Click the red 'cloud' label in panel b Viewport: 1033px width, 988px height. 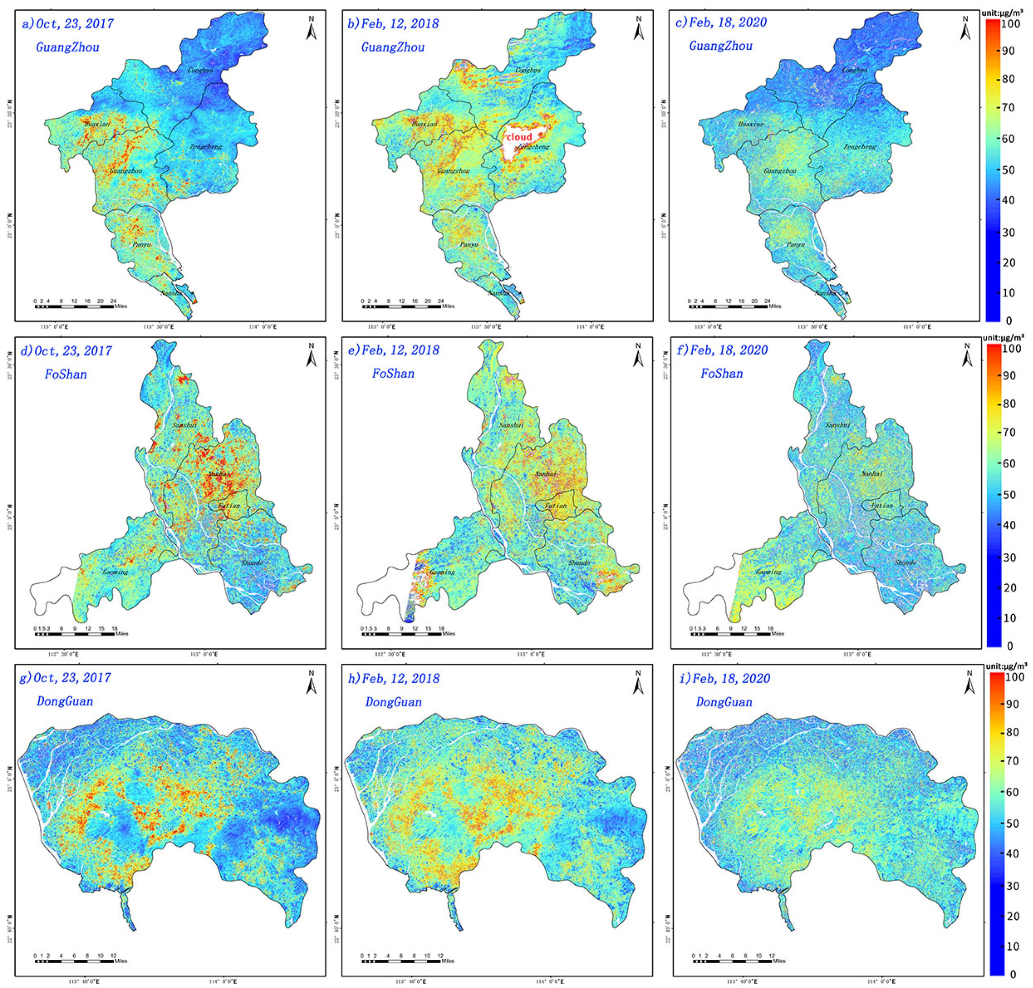pos(518,137)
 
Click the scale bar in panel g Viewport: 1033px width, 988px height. pos(74,961)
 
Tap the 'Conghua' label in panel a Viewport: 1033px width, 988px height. pos(200,70)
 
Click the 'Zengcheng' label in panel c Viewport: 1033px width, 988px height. pos(860,147)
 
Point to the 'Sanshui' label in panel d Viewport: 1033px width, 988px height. pos(185,424)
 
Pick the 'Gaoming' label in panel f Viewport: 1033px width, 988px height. pos(768,572)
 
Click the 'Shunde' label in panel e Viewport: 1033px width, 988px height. pos(579,563)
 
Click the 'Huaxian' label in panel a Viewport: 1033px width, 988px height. pos(97,124)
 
